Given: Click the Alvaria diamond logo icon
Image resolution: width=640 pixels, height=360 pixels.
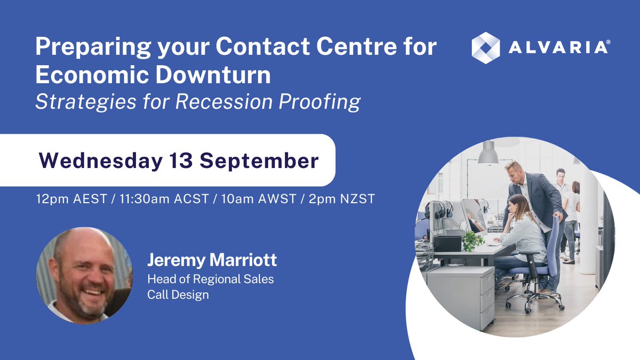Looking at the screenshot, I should point(485,47).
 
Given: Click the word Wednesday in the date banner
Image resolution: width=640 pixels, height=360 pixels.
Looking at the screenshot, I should point(87,161).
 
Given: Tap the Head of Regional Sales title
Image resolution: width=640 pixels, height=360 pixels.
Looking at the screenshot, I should point(211,279).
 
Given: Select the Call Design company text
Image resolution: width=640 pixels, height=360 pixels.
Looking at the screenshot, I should point(178,294).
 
